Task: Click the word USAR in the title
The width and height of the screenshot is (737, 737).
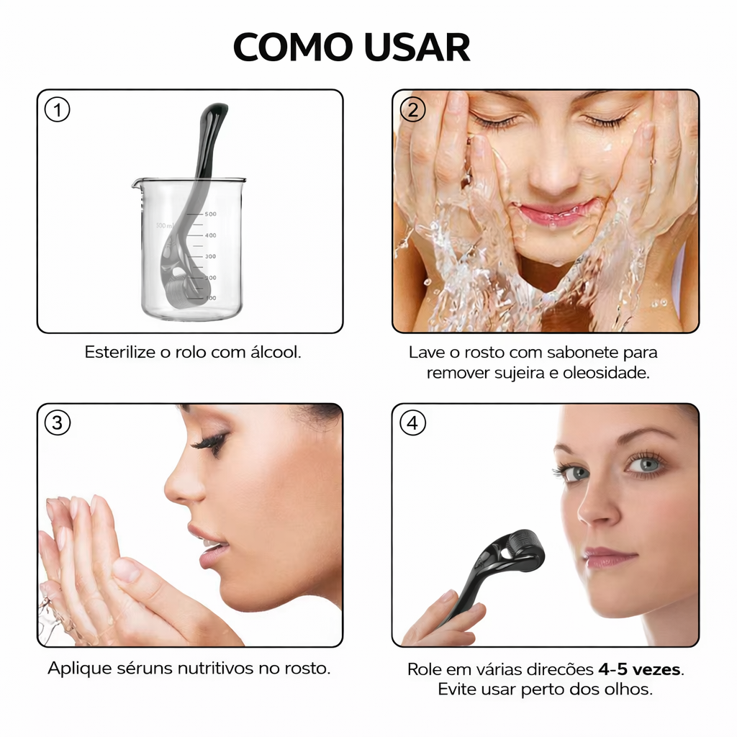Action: coord(417,47)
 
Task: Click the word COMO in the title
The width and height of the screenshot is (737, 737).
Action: coord(293,47)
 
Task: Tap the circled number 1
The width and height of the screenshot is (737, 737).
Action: coord(58,110)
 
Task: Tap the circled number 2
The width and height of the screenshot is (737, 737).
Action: coord(412,110)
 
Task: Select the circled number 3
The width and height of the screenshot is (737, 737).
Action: coord(58,422)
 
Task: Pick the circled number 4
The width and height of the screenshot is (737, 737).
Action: coord(412,422)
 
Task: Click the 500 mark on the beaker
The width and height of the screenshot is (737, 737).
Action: coord(211,214)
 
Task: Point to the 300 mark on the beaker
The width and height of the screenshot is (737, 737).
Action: coord(210,257)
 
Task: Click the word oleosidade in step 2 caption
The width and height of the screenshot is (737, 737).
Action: coord(606,373)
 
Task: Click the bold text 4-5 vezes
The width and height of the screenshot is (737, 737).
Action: coord(640,669)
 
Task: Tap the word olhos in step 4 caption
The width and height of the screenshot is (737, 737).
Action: coord(627,689)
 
